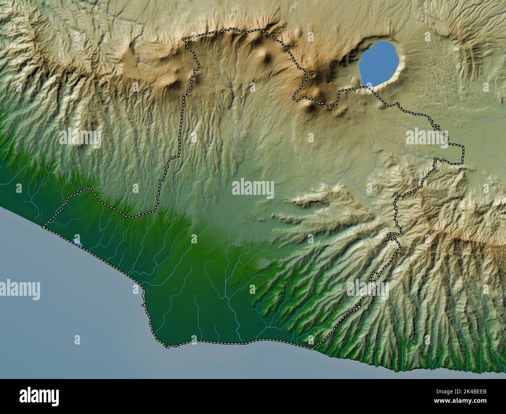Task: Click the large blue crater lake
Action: (x=380, y=64)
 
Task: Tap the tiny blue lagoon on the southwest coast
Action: (x=77, y=242)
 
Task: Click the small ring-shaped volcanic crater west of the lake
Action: (x=312, y=74)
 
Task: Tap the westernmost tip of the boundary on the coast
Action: (x=43, y=226)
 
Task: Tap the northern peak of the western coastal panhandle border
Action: (x=90, y=188)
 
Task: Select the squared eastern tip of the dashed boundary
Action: (x=463, y=155)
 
